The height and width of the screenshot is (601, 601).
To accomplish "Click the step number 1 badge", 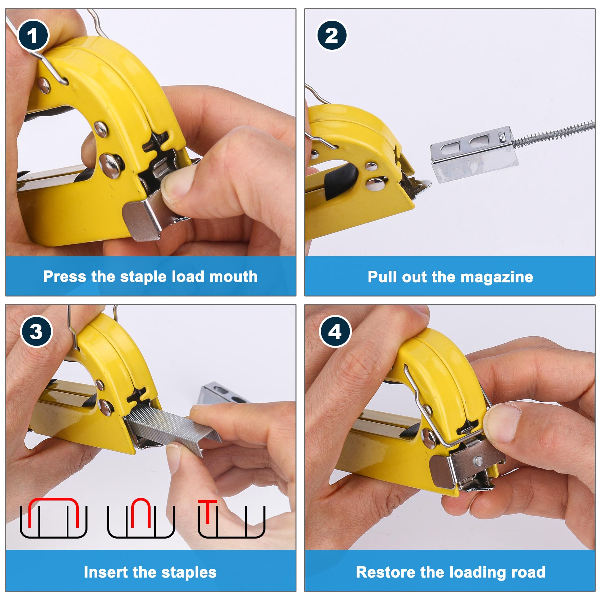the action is [x=33, y=35].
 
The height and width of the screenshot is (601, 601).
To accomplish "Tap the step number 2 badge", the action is [x=332, y=35].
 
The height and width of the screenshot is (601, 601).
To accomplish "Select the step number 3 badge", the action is [x=36, y=332].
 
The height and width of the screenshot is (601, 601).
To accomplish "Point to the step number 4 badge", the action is [x=335, y=332].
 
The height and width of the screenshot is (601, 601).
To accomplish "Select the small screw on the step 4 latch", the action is [x=479, y=461].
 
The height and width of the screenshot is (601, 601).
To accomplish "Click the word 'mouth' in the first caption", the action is [x=233, y=276].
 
